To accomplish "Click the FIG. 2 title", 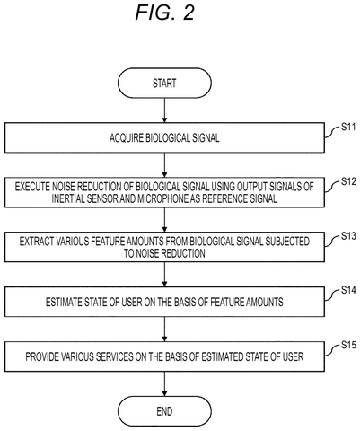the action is tap(165, 13).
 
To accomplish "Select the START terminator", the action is tap(164, 83).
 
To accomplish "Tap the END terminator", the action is tap(164, 411).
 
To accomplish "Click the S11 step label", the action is tap(348, 127).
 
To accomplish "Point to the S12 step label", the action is tap(348, 181).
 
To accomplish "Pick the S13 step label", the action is tap(348, 236).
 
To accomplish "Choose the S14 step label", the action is tap(348, 290).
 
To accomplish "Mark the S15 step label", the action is tap(348, 345).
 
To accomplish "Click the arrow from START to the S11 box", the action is tap(164, 110).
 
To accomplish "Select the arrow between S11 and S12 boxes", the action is tap(164, 165).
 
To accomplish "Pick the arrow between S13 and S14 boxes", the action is tap(164, 275).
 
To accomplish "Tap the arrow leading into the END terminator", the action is tap(164, 384).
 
